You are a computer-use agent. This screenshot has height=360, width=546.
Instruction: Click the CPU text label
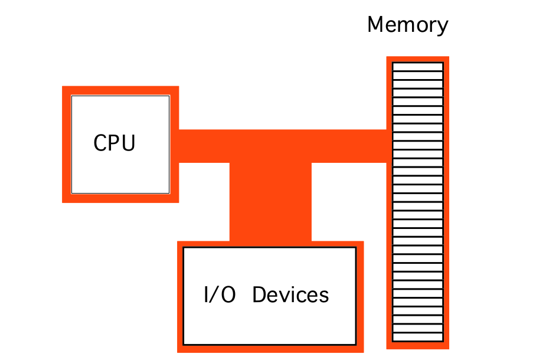tap(115, 143)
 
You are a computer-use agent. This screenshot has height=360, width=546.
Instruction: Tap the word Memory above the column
tap(407, 25)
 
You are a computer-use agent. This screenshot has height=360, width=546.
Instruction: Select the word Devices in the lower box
tap(290, 294)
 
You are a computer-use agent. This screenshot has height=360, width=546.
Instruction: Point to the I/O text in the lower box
tap(219, 294)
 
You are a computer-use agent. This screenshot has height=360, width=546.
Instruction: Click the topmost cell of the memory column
tap(418, 66)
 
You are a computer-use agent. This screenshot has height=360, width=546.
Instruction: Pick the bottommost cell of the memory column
tap(418, 338)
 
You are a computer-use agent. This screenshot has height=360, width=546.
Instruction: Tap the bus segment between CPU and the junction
tap(204, 146)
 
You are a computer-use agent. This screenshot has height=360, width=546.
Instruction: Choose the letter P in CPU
tap(115, 143)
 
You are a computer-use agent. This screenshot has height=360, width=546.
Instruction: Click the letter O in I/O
tap(228, 294)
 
